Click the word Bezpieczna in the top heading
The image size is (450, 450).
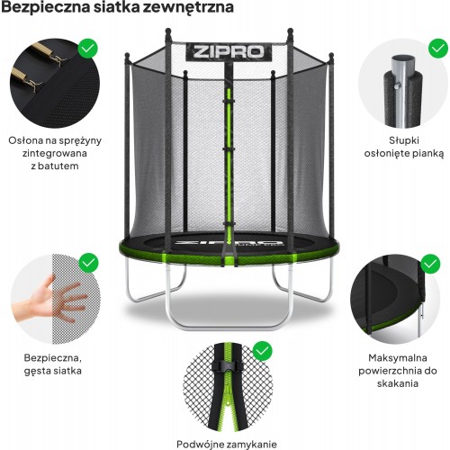[46, 7]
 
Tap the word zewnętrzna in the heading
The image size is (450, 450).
[188, 8]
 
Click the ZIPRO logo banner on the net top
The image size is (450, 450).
[229, 52]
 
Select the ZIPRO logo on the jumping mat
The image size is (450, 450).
[229, 242]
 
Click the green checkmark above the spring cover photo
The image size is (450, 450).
[88, 48]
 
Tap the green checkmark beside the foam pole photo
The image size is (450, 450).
[438, 48]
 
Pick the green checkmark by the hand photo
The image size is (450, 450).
[88, 263]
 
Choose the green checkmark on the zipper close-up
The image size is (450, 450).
[263, 351]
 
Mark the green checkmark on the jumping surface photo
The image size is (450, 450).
[430, 264]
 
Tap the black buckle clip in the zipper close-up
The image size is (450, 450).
[226, 366]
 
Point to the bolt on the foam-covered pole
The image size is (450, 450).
[397, 86]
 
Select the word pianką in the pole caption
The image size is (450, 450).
[427, 154]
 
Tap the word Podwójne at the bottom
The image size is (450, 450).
[199, 444]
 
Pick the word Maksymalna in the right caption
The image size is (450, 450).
[398, 358]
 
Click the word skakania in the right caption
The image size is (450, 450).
[398, 383]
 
